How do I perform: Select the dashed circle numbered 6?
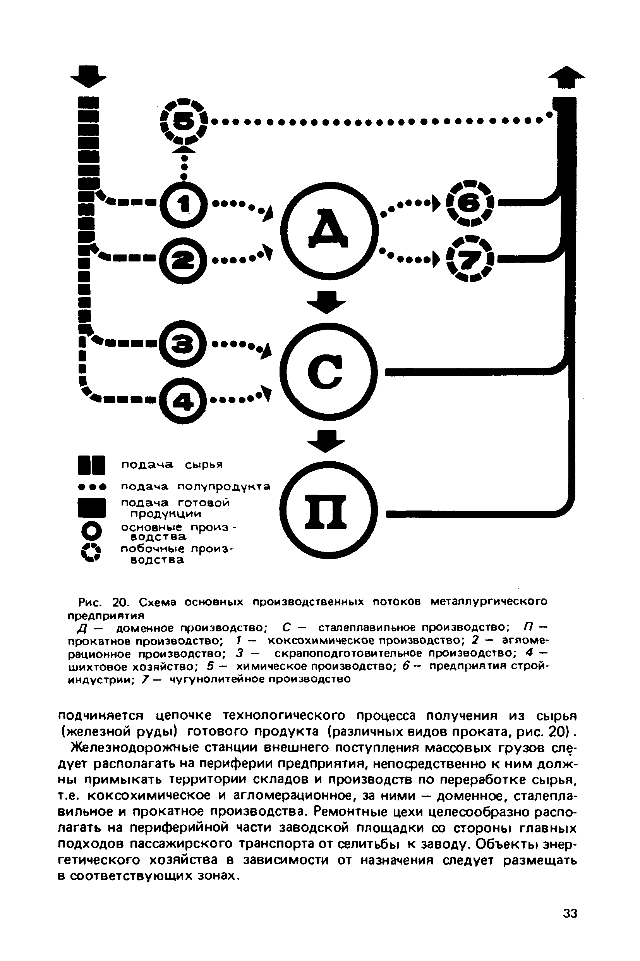470,203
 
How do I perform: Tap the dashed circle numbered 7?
470,259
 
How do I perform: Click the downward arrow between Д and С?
326,301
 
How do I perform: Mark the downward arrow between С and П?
326,441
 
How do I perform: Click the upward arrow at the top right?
566,77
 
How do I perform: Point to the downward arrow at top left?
88,76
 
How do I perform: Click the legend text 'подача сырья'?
172,465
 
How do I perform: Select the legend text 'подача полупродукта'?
196,487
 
